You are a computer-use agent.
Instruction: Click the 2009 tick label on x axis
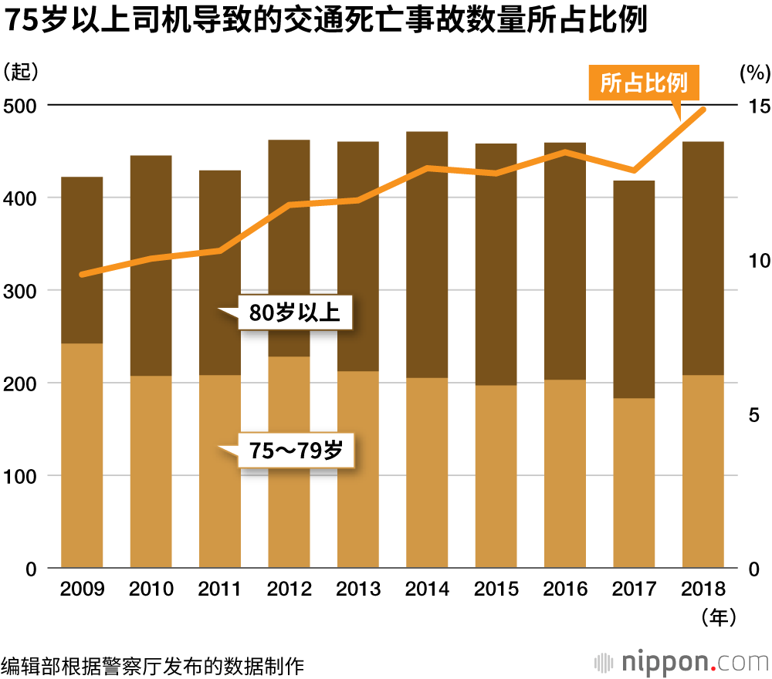(x=82, y=589)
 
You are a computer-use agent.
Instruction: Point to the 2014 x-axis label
(x=427, y=589)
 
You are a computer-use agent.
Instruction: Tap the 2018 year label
(x=703, y=589)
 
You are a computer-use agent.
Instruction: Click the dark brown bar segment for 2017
(x=634, y=289)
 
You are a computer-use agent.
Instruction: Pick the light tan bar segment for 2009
(x=82, y=455)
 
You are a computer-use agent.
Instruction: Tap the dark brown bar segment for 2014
(x=427, y=255)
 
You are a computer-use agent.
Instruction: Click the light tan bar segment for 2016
(x=565, y=474)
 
